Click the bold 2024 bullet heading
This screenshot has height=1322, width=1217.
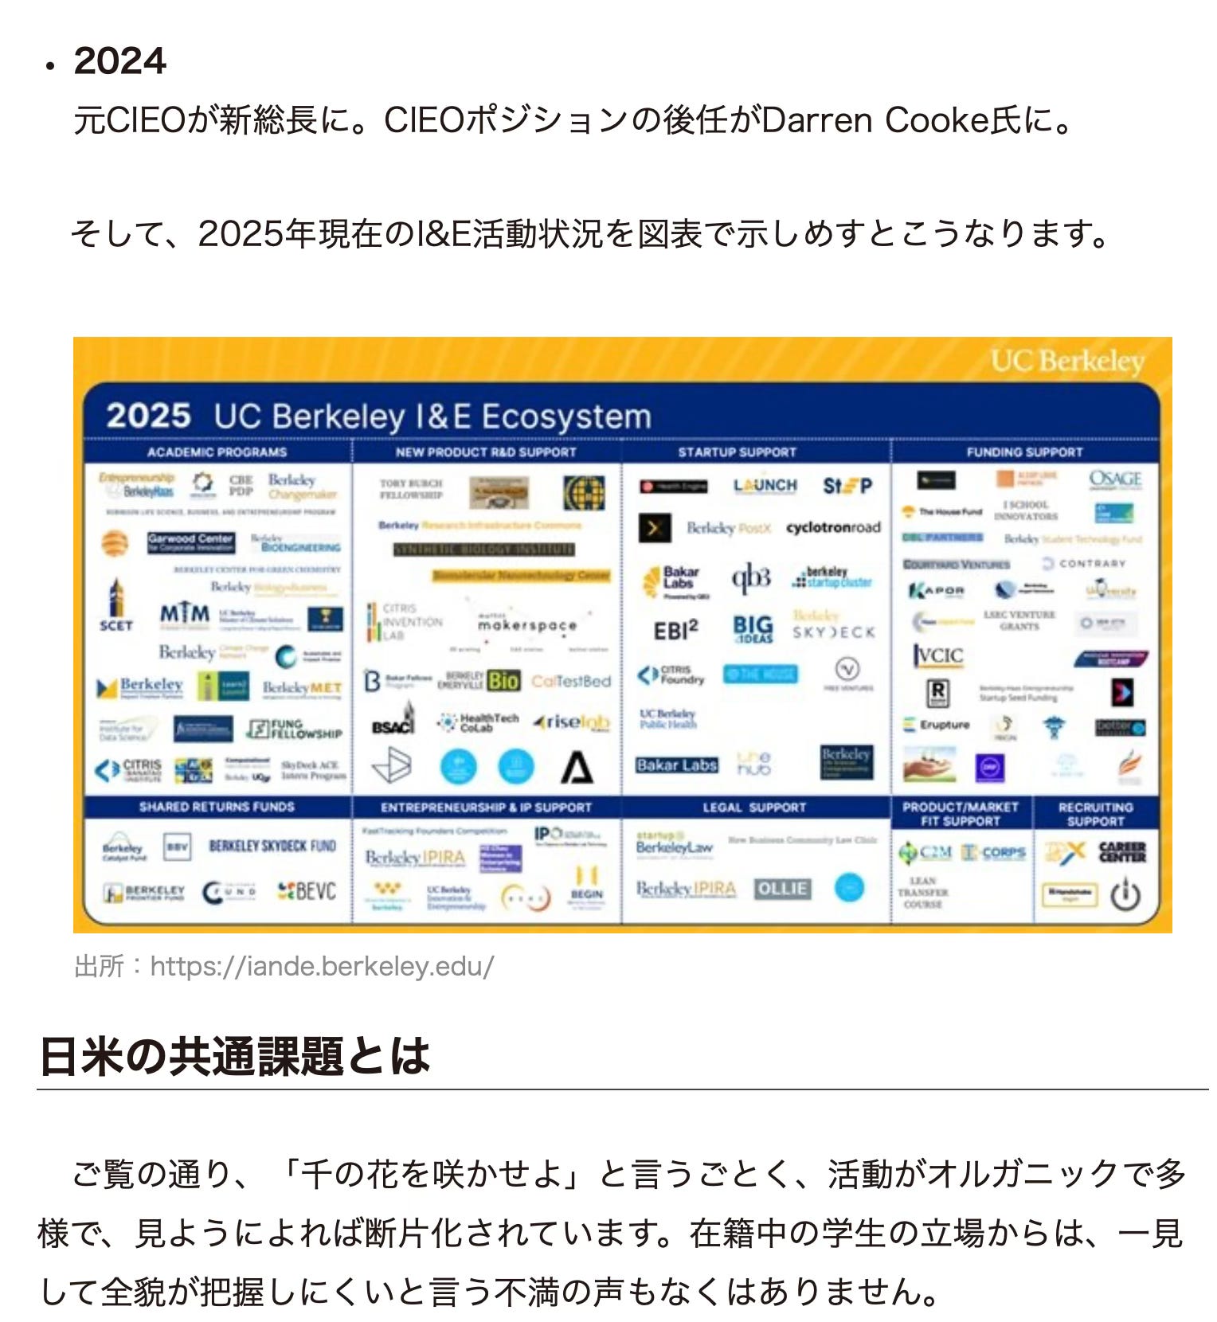[119, 61]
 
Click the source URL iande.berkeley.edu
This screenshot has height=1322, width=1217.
[322, 966]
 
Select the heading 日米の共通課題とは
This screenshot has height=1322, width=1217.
[234, 1057]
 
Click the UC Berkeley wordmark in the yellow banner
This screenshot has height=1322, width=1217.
[1067, 362]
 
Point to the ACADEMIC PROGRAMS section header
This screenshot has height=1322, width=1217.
[217, 452]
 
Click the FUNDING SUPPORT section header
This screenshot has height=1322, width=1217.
[1024, 452]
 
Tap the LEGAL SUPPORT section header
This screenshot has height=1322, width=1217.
[754, 808]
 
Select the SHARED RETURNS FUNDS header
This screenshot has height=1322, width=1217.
[217, 808]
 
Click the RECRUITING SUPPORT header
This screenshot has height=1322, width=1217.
[1095, 814]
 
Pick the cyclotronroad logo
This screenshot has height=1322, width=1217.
[833, 527]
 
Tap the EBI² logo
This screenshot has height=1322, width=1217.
[675, 631]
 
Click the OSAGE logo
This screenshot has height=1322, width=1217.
[1115, 479]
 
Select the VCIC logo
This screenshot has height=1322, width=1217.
[937, 655]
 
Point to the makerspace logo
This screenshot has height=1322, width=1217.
[527, 625]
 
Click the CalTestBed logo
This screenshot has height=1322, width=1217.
[571, 682]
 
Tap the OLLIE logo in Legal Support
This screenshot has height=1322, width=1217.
[782, 889]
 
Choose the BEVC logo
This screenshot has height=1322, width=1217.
[307, 892]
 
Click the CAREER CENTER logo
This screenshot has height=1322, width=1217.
[1122, 853]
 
